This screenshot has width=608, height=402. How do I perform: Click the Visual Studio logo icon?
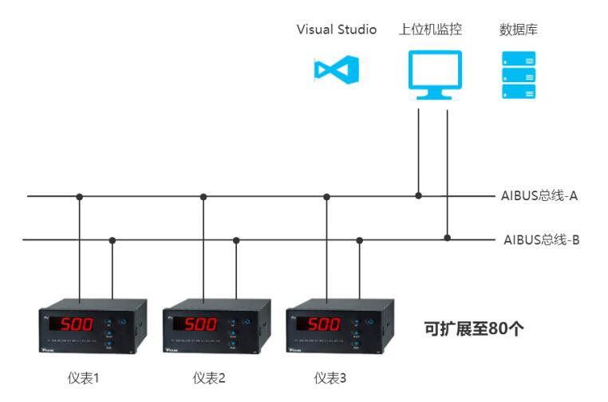pos(336,70)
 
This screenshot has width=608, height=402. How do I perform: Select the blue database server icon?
pos(518,75)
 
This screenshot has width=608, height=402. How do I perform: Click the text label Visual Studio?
pos(336,30)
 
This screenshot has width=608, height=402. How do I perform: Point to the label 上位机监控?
pos(430,30)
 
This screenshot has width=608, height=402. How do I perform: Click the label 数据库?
pos(518,30)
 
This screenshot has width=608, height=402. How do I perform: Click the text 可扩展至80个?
pos(473,329)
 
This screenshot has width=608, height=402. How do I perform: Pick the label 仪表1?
pos(83,377)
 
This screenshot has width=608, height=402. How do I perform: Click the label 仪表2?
pos(209,377)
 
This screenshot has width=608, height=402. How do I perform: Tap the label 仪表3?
pos(330,377)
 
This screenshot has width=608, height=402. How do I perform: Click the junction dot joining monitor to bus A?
pos(419,195)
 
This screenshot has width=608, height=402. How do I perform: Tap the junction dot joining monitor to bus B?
pos(448,238)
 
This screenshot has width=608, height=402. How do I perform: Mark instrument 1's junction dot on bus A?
pos(79,196)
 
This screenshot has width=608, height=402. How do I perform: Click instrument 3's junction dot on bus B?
pos(360,238)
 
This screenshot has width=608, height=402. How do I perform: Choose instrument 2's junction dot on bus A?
pos(203,196)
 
